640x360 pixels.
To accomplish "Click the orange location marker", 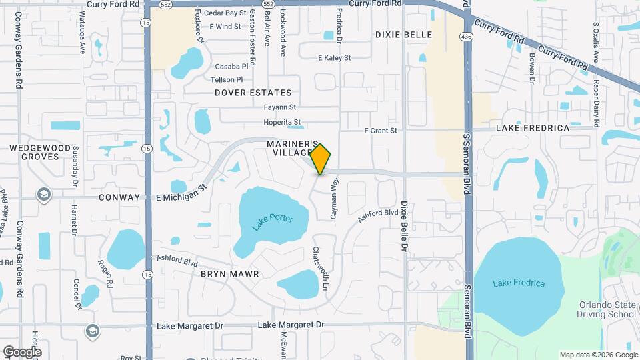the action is pyautogui.click(x=321, y=159).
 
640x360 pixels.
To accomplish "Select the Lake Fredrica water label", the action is pyautogui.click(x=519, y=283).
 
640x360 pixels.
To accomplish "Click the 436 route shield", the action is pyautogui.click(x=470, y=37).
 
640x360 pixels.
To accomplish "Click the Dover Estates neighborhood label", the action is pyautogui.click(x=253, y=93).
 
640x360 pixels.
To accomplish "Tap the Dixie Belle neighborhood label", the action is pyautogui.click(x=403, y=35).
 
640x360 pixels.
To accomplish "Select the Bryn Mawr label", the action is pyautogui.click(x=229, y=274).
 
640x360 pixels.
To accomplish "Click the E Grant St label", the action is pyautogui.click(x=381, y=131).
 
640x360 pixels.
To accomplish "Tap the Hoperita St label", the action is pyautogui.click(x=282, y=122).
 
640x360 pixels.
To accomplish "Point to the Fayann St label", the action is pyautogui.click(x=279, y=107).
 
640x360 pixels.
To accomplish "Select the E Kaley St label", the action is pyautogui.click(x=334, y=58).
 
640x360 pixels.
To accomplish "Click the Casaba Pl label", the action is pyautogui.click(x=231, y=67).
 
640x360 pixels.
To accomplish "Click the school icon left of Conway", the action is pyautogui.click(x=44, y=195).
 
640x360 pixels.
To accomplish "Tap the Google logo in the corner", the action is pyautogui.click(x=22, y=351).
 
